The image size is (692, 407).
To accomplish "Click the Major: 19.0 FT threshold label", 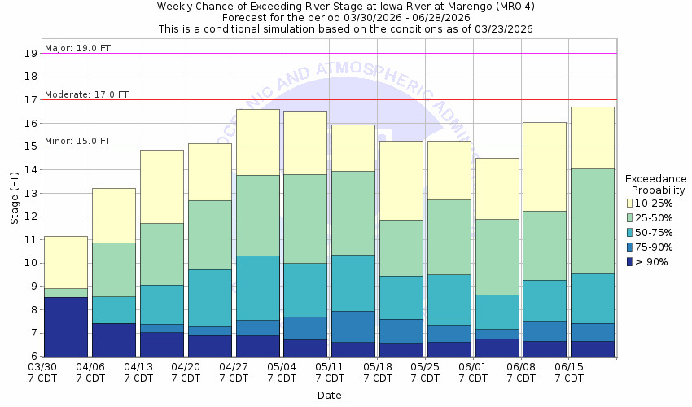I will (x=78, y=48).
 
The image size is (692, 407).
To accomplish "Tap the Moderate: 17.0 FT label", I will (x=86, y=94).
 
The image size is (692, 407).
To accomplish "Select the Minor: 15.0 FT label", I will (x=78, y=141).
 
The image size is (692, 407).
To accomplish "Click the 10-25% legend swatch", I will (x=629, y=203).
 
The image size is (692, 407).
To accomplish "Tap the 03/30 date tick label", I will (x=43, y=366).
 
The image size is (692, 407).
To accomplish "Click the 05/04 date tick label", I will (x=282, y=366).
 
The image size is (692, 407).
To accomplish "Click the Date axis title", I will (x=330, y=396).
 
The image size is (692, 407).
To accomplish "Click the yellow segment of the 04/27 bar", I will (x=257, y=142).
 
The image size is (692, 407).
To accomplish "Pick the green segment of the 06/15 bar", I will (x=592, y=221).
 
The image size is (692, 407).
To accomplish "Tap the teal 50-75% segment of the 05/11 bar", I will (x=353, y=282).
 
